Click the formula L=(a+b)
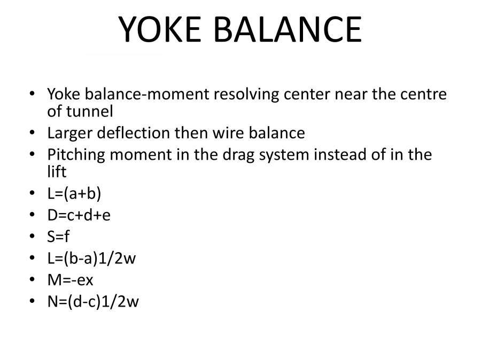pyautogui.click(x=74, y=193)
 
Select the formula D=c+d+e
pyautogui.click(x=79, y=215)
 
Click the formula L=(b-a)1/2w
pyautogui.click(x=91, y=258)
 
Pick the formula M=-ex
pyautogui.click(x=70, y=280)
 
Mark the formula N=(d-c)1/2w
pyautogui.click(x=93, y=302)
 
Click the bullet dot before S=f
pyautogui.click(x=33, y=237)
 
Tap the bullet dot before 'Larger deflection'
pyautogui.click(x=33, y=133)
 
